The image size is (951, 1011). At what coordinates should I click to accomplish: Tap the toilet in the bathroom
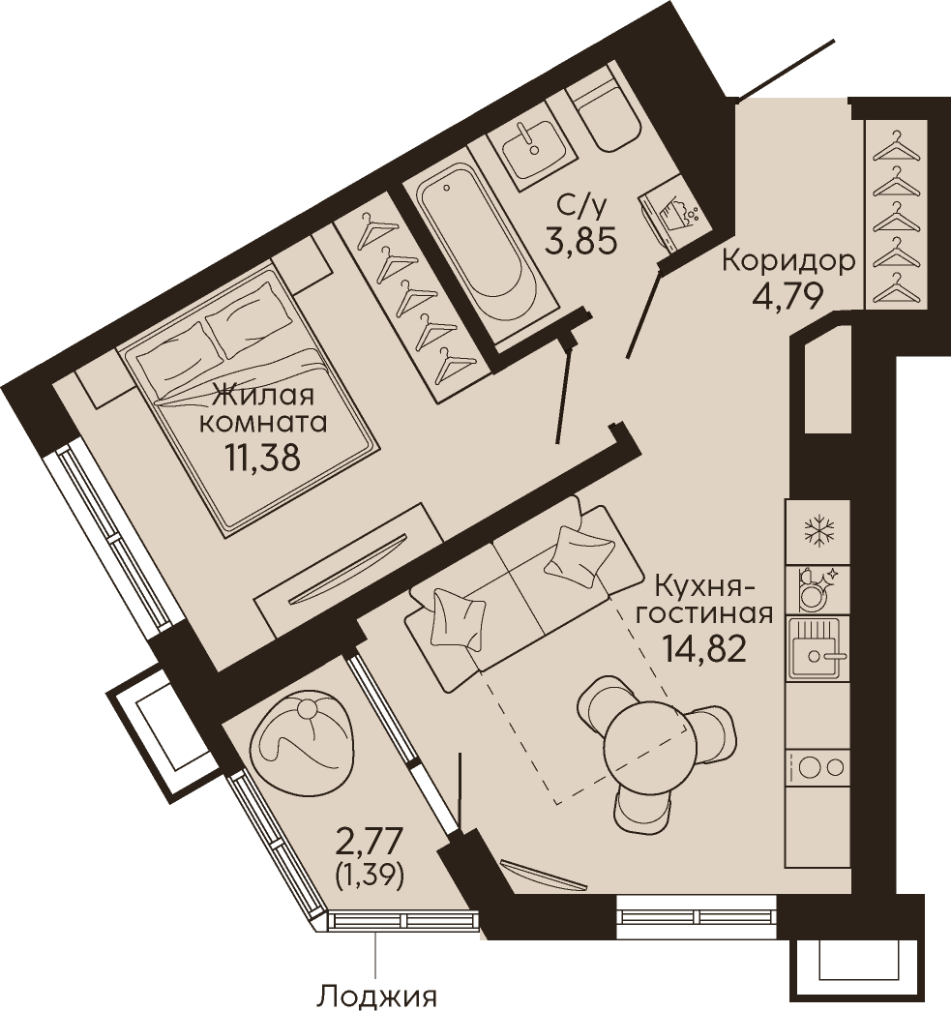[604, 115]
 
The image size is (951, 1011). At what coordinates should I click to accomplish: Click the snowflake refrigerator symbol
[817, 532]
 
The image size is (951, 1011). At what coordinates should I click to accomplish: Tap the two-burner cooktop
[817, 767]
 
